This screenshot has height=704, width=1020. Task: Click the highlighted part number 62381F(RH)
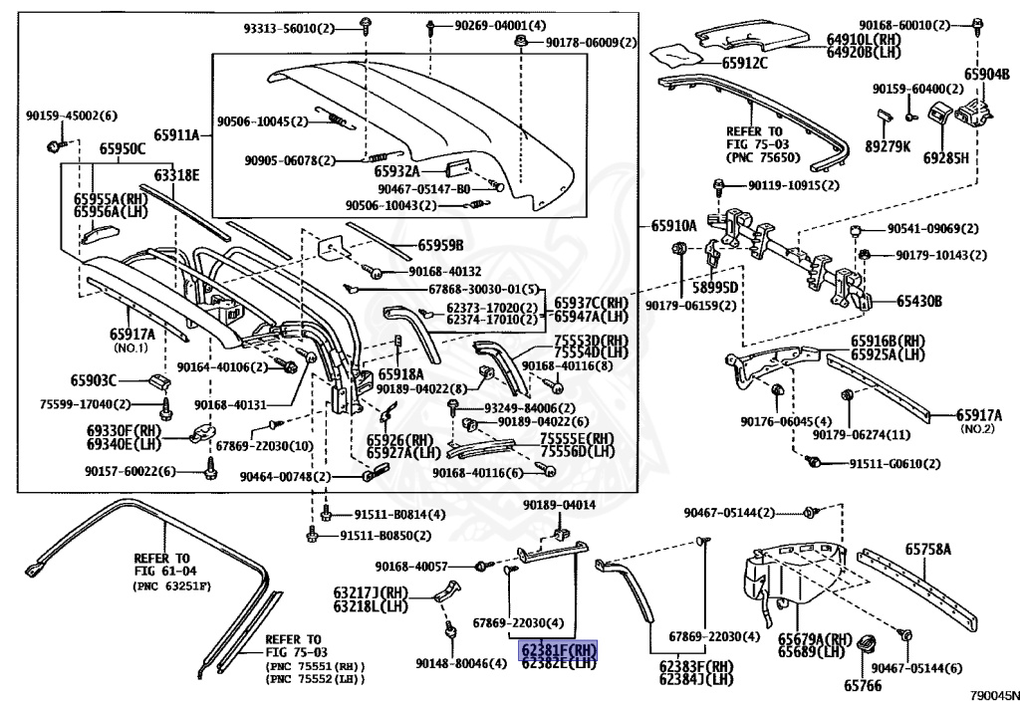click(558, 649)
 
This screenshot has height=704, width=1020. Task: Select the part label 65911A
click(175, 135)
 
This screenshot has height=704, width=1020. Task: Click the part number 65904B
click(985, 74)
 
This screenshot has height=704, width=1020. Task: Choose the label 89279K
click(889, 146)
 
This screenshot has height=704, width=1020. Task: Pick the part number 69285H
click(945, 157)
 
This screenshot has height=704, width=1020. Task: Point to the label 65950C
click(122, 150)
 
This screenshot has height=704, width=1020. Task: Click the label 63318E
click(176, 175)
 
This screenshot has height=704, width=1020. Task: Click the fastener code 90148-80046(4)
click(460, 663)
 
